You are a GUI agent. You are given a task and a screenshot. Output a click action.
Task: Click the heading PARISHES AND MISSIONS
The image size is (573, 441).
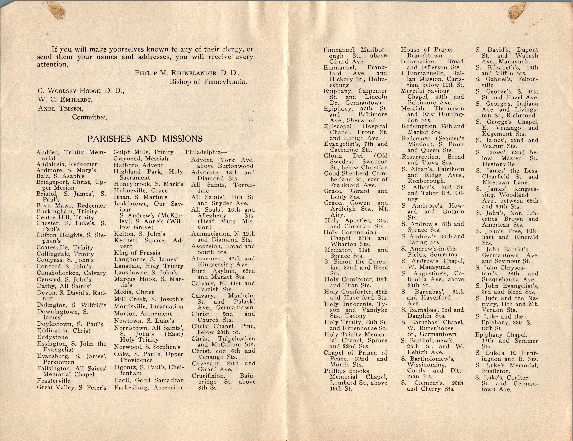pyautogui.click(x=145, y=139)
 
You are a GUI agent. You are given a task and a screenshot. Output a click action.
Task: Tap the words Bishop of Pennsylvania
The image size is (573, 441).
pyautogui.click(x=208, y=82)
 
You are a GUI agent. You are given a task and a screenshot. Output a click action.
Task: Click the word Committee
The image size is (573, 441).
pyautogui.click(x=89, y=117)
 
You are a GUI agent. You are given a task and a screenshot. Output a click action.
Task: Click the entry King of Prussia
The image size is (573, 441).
pyautogui.click(x=137, y=253)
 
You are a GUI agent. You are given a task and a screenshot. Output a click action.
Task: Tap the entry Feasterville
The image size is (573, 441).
pyautogui.click(x=54, y=380)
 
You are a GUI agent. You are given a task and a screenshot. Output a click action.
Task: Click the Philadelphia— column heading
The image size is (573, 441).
pyautogui.click(x=206, y=152)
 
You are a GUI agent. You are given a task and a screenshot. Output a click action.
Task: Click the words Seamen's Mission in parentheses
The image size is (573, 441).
pyautogui.click(x=436, y=141)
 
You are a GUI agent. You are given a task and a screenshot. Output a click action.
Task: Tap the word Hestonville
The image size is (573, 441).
pyautogui.click(x=498, y=164)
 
